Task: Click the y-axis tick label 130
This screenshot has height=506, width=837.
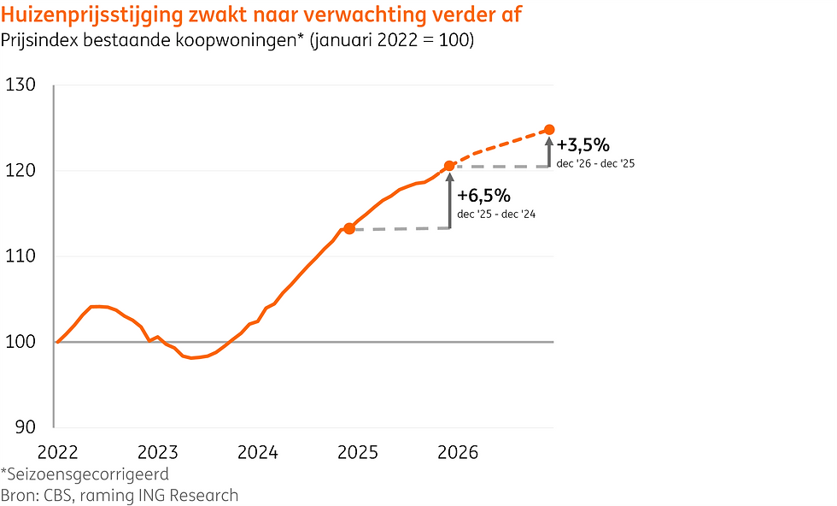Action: click(20, 85)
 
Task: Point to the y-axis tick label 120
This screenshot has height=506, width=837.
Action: click(20, 170)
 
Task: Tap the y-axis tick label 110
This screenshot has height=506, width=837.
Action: click(20, 256)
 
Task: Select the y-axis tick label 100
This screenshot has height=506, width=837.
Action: click(20, 341)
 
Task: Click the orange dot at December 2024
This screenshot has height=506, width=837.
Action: click(348, 228)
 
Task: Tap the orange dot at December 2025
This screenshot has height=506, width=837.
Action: click(449, 166)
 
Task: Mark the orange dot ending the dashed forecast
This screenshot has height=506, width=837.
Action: click(549, 130)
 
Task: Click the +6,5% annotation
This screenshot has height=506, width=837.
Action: click(484, 196)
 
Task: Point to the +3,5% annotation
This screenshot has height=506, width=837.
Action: click(583, 144)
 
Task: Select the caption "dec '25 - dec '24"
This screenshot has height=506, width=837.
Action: click(496, 214)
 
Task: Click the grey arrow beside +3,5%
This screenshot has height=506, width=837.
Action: click(549, 150)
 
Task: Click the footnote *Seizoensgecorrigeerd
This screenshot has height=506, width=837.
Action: click(85, 474)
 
